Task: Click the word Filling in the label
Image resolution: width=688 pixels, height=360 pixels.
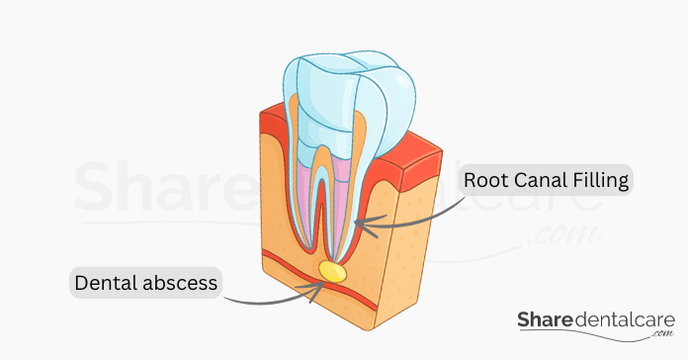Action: pos(598,182)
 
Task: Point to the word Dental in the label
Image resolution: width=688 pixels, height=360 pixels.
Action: pos(106,284)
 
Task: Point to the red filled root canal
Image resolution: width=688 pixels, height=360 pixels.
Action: pos(321,213)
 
